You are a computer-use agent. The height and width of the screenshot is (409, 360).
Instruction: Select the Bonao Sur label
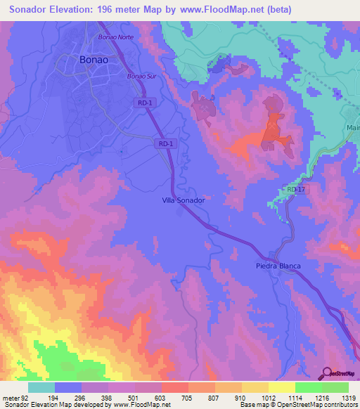click(x=139, y=75)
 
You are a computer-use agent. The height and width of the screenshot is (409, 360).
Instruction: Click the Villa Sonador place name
click(x=183, y=200)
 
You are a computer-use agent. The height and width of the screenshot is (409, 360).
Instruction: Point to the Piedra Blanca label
click(x=277, y=266)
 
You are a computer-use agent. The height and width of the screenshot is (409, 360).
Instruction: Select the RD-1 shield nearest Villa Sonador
click(x=165, y=143)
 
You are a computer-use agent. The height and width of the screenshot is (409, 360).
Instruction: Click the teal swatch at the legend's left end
click(x=41, y=387)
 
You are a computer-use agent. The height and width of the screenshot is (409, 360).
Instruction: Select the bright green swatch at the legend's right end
click(x=335, y=387)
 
